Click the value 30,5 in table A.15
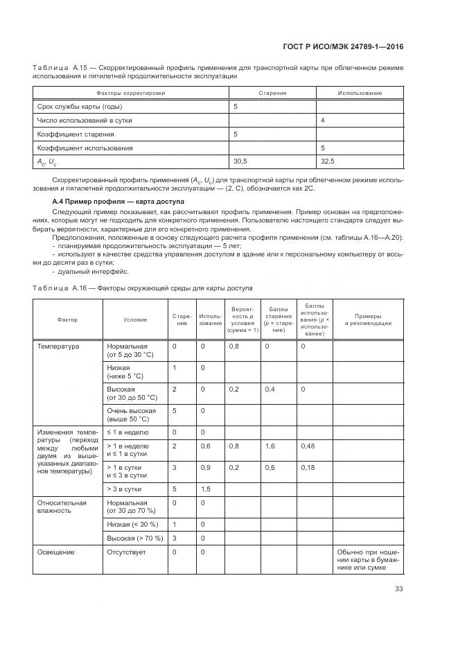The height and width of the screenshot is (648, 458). coord(240,161)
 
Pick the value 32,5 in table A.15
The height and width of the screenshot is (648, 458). coord(328,161)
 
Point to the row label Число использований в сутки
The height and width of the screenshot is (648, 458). coord(84,120)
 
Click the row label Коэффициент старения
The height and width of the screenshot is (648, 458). coord(76,134)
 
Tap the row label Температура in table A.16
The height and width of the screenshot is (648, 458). coord(58,346)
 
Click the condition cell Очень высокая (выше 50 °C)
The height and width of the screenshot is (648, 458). coord(127,414)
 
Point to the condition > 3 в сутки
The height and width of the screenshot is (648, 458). coord(123,489)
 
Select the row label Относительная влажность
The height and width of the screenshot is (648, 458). coord(62,506)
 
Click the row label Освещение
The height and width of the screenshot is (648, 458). coord(56,552)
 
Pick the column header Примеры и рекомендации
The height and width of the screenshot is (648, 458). coord(368,319)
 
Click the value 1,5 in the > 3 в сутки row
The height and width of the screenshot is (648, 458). coord(205,489)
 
